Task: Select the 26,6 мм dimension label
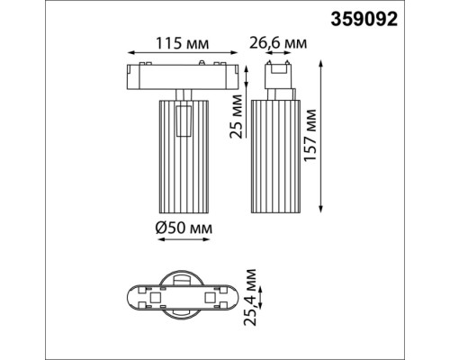[276, 42]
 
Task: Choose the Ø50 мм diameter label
[184, 231]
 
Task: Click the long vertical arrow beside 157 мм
[322, 135]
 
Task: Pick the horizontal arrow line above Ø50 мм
[184, 220]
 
